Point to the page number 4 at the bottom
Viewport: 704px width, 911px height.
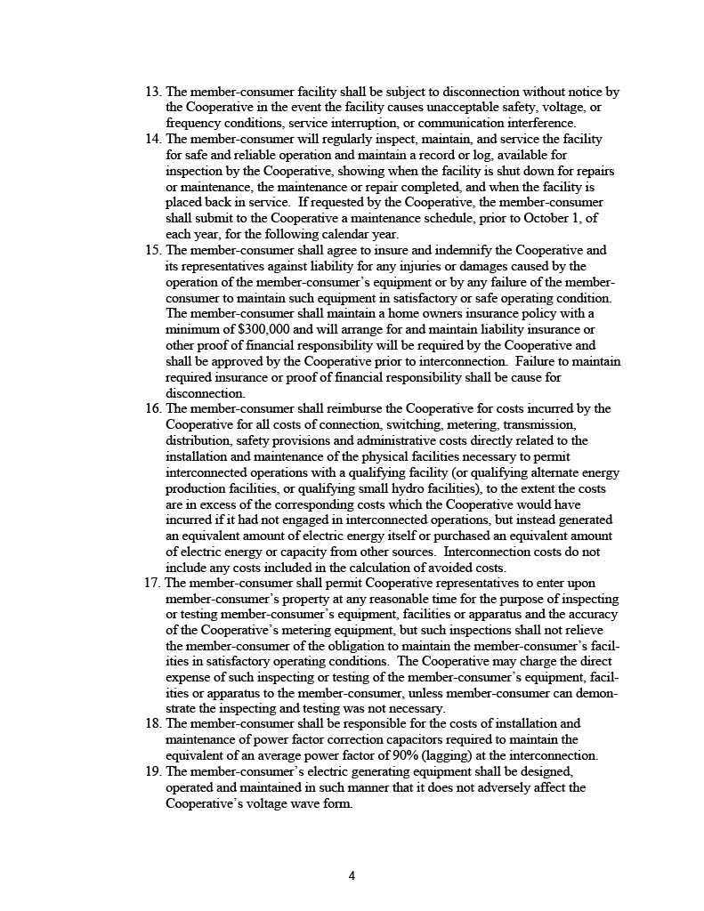click(352, 875)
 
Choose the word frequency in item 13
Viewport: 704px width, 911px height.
click(196, 123)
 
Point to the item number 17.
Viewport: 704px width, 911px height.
click(152, 583)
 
